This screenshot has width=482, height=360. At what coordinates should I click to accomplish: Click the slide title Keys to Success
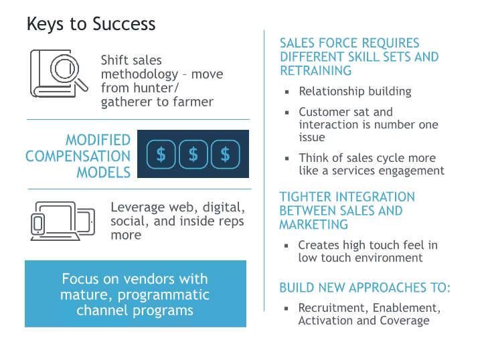click(x=91, y=24)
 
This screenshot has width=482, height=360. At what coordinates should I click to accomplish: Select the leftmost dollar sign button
click(x=161, y=155)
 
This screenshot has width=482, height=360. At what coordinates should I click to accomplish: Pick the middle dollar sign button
click(x=193, y=155)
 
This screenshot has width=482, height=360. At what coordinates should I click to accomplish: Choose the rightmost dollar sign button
click(x=225, y=155)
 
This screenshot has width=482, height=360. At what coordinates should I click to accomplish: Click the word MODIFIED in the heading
click(x=98, y=141)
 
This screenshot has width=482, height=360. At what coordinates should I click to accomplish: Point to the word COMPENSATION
click(x=78, y=157)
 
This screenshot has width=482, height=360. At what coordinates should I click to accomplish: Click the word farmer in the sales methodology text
click(x=193, y=102)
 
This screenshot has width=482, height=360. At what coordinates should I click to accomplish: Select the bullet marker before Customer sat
click(x=287, y=113)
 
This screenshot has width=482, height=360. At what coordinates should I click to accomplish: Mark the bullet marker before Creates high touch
click(x=287, y=246)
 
